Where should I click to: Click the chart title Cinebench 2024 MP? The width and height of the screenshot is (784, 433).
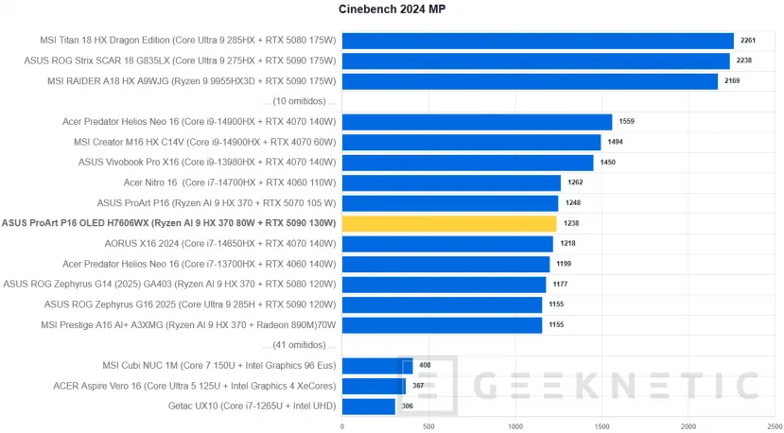[392, 10]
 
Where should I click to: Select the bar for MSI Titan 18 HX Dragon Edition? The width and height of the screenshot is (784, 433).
[537, 41]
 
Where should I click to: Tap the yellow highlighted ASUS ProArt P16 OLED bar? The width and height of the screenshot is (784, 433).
[449, 224]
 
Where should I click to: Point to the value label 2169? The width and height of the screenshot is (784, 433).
[733, 81]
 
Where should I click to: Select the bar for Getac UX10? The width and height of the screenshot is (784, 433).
[368, 407]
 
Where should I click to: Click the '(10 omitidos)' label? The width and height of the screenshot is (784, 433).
[301, 101]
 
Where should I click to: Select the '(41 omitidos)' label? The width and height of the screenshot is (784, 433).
[301, 345]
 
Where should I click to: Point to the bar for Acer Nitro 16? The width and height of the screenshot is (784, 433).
[451, 182]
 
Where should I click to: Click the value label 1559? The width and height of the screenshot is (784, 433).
[627, 122]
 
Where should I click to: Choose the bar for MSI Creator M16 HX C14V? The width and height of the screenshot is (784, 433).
[471, 142]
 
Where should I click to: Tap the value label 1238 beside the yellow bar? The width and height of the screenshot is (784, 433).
[571, 224]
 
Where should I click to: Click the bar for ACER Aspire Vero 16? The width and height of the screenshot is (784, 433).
[374, 386]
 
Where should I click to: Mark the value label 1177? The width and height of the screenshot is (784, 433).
[561, 285]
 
